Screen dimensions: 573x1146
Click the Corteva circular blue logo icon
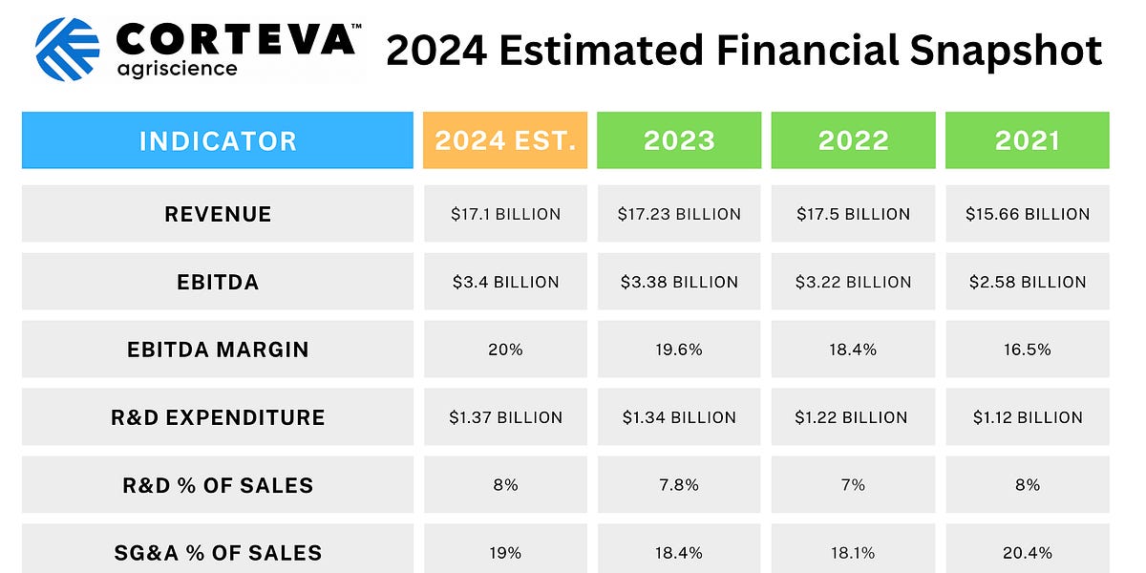coord(67,49)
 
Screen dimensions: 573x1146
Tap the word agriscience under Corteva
coord(177,70)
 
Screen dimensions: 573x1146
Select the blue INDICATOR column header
coord(218,140)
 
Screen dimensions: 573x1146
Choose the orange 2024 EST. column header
coord(505,140)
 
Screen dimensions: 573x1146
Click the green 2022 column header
coord(853,140)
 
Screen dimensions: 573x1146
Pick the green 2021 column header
coord(1028,140)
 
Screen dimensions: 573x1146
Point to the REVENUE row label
coord(218,214)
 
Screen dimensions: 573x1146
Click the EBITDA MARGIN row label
coord(218,350)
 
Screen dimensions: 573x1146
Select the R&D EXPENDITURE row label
coord(218,417)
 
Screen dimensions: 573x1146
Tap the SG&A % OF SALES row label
coord(218,552)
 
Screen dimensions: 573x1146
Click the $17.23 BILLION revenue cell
coord(679,214)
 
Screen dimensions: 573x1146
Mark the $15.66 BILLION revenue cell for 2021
coord(1028,214)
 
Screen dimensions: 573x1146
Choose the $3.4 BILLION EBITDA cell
coord(505,282)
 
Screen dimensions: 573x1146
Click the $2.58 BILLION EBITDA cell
coord(1028,282)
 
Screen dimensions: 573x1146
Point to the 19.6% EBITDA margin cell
coord(679,350)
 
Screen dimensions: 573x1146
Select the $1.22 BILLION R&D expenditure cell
coord(853,417)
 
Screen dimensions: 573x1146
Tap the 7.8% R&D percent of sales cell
coord(679,485)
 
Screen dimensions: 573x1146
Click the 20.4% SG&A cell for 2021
coord(1028,552)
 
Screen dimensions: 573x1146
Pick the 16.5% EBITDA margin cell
coord(1028,350)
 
